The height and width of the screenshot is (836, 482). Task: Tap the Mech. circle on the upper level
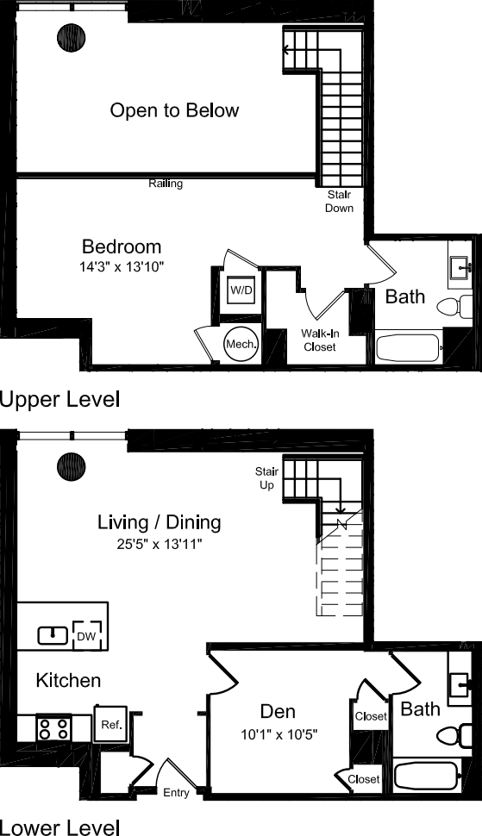(x=239, y=321)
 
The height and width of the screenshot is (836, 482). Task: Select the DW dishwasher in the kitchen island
(x=89, y=636)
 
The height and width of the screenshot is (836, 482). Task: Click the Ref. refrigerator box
(x=111, y=724)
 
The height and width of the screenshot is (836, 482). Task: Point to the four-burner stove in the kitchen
(x=53, y=728)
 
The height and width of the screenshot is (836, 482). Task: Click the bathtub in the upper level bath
(x=409, y=348)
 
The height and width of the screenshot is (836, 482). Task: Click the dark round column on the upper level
(x=71, y=38)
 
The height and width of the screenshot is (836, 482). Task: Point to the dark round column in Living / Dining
(x=71, y=467)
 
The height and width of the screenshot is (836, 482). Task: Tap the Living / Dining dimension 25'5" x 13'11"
(x=159, y=545)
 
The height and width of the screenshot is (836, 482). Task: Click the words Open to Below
(x=174, y=110)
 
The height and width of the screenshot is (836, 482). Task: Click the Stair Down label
(x=339, y=202)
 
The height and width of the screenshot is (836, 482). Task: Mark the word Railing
(x=166, y=184)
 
